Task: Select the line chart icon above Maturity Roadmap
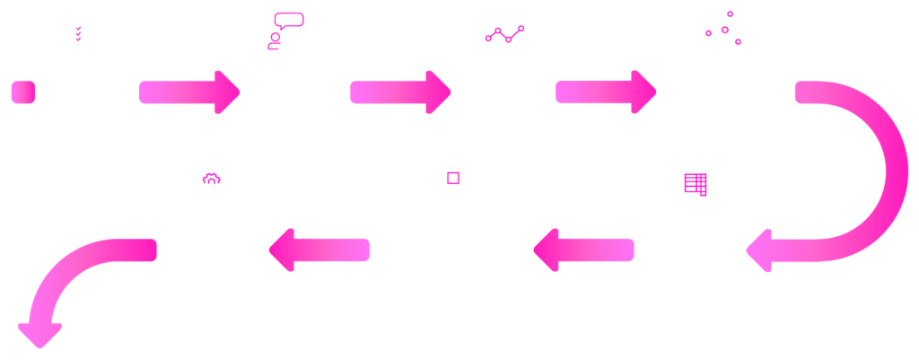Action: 502,31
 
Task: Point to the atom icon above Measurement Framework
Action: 723,31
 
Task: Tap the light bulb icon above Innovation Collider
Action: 212,184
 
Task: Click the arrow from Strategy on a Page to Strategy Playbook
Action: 190,92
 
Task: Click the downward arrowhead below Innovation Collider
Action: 41,334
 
